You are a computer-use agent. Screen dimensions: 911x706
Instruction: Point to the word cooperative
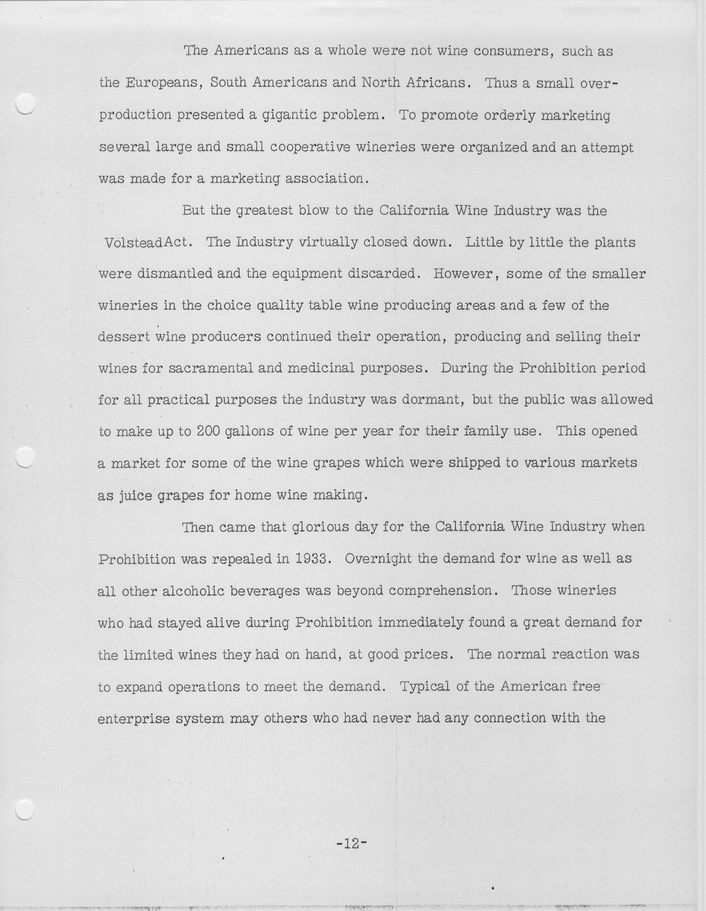click(316, 147)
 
